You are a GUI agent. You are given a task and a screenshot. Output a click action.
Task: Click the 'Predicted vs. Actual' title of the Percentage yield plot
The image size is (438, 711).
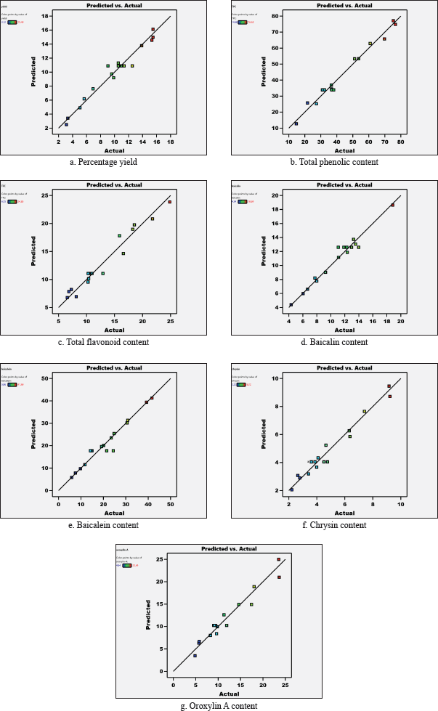pyautogui.click(x=115, y=6)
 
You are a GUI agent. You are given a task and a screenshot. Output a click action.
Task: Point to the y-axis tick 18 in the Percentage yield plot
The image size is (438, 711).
pyautogui.click(x=52, y=16)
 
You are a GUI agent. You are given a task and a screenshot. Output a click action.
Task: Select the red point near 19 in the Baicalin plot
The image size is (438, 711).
pyautogui.click(x=392, y=205)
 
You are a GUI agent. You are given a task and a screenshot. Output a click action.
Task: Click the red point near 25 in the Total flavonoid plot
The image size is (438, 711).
pyautogui.click(x=170, y=202)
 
